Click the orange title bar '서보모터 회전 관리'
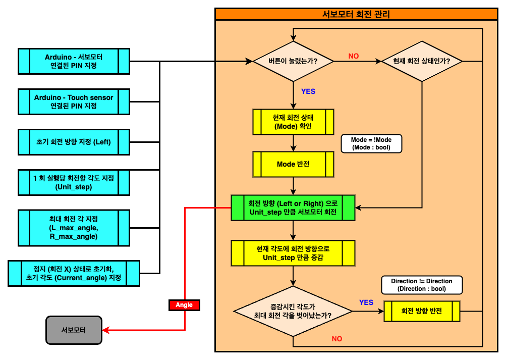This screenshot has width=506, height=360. tap(356, 15)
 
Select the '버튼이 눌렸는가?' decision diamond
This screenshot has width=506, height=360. tap(293, 62)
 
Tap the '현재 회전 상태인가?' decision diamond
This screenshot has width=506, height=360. tap(422, 62)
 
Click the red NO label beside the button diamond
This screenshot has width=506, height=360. tap(354, 56)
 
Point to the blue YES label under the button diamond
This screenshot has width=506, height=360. tap(308, 91)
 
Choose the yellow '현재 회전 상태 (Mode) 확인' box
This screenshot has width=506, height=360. tap(293, 122)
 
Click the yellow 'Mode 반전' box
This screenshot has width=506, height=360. tap(293, 165)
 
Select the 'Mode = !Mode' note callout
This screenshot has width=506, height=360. tap(371, 144)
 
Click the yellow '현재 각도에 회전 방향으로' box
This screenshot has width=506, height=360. tap(293, 253)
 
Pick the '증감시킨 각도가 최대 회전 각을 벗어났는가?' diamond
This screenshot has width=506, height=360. tap(293, 311)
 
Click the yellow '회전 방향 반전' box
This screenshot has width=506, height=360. tap(422, 311)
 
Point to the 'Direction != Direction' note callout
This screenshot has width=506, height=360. tap(422, 285)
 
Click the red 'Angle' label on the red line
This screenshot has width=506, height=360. tap(184, 305)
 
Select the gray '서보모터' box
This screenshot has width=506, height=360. tap(74, 330)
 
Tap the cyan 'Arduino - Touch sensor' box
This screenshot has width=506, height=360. tap(74, 102)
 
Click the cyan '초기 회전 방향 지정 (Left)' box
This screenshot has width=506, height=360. tap(74, 142)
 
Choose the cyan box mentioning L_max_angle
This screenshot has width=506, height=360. tap(74, 228)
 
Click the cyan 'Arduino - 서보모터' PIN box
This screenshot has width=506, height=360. tap(74, 62)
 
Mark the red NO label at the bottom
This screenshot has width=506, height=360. tap(337, 339)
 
